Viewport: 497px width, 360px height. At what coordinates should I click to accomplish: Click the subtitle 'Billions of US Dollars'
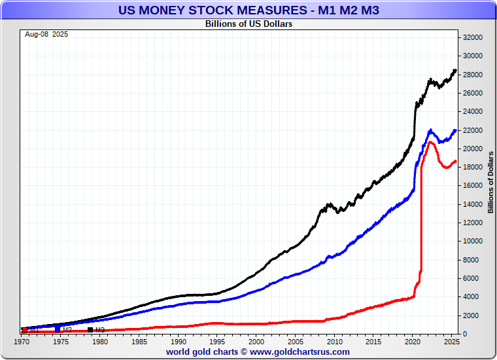click(248, 24)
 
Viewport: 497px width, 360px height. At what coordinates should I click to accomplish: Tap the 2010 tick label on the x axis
click(334, 342)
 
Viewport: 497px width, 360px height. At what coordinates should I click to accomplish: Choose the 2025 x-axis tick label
click(451, 342)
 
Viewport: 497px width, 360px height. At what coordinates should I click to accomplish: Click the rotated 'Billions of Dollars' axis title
click(490, 182)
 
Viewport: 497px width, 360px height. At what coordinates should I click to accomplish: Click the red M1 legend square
click(24, 330)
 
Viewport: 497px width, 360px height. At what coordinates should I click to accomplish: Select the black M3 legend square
click(90, 330)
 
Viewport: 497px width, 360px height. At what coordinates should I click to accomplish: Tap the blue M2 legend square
click(58, 330)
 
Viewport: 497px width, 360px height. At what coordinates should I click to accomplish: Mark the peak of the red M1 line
click(431, 142)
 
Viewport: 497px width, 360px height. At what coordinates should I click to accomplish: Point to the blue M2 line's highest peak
click(430, 130)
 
